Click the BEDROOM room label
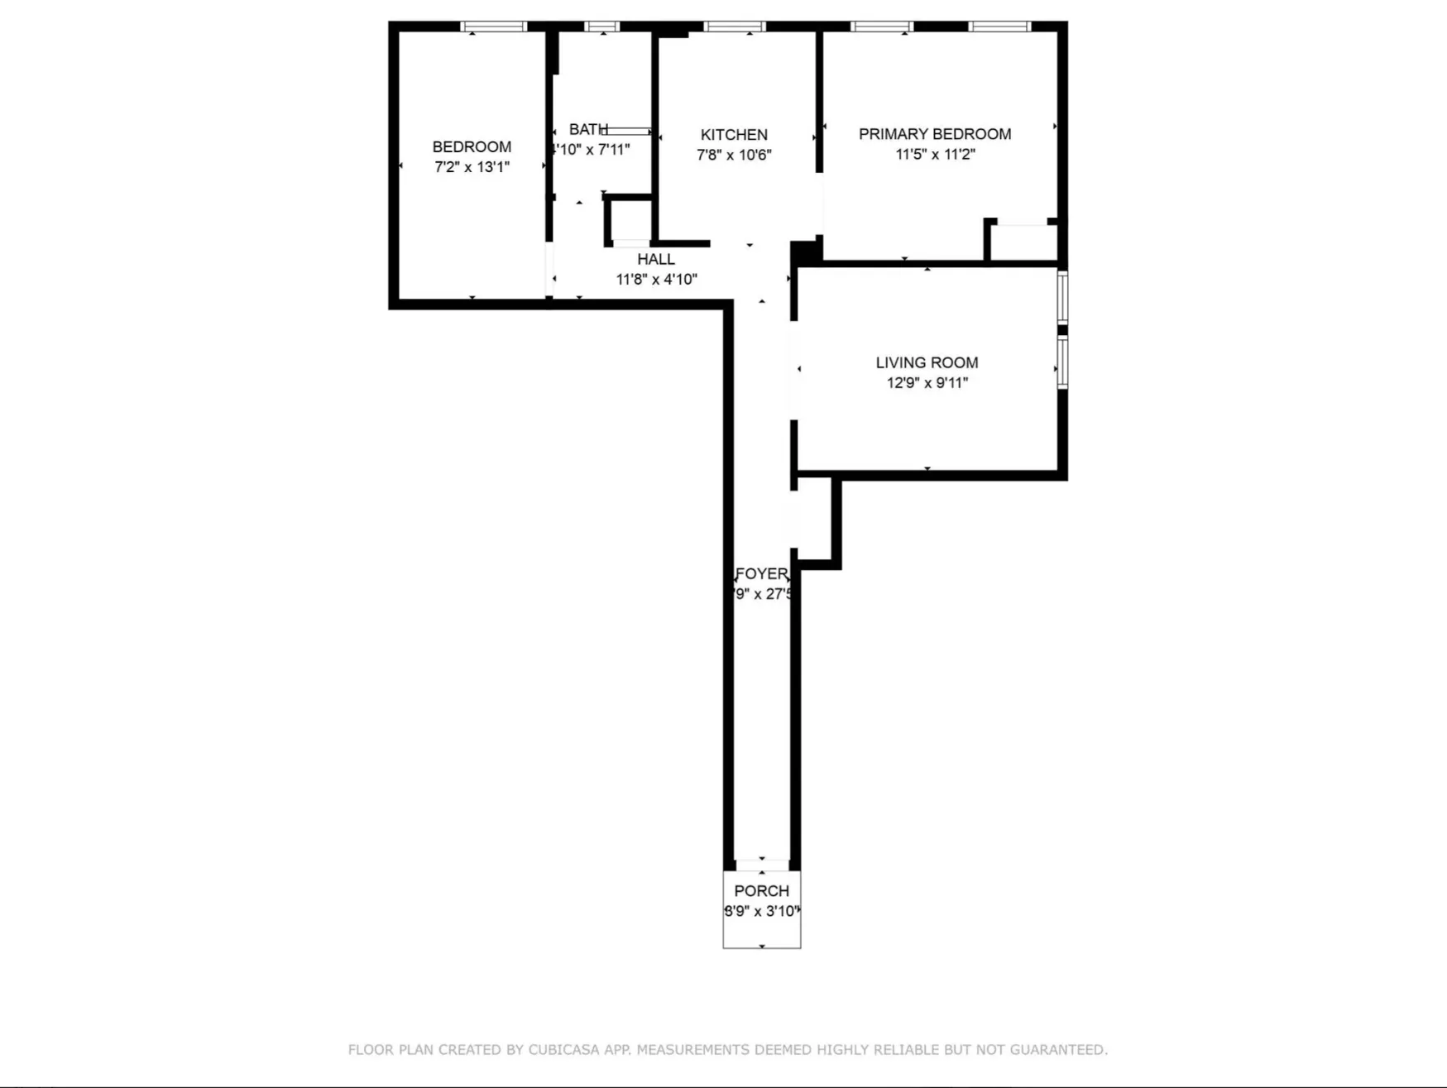pyautogui.click(x=472, y=146)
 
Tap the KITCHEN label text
pyautogui.click(x=734, y=134)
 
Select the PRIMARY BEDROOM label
pyautogui.click(x=934, y=133)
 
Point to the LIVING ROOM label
pyautogui.click(x=927, y=362)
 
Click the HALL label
pyautogui.click(x=655, y=259)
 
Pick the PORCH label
pyautogui.click(x=761, y=890)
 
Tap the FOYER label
pyautogui.click(x=761, y=573)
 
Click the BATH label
pyautogui.click(x=587, y=129)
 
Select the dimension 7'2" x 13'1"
pyautogui.click(x=472, y=167)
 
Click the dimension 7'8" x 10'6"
pyautogui.click(x=734, y=155)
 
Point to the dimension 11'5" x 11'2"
pyautogui.click(x=935, y=154)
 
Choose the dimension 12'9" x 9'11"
pyautogui.click(x=927, y=382)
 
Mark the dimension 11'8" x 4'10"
pyautogui.click(x=656, y=280)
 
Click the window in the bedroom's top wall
pyautogui.click(x=493, y=26)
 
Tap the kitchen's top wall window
pyautogui.click(x=735, y=26)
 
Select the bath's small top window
pyautogui.click(x=601, y=26)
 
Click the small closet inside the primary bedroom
pyautogui.click(x=1023, y=242)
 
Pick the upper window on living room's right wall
pyautogui.click(x=1063, y=297)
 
